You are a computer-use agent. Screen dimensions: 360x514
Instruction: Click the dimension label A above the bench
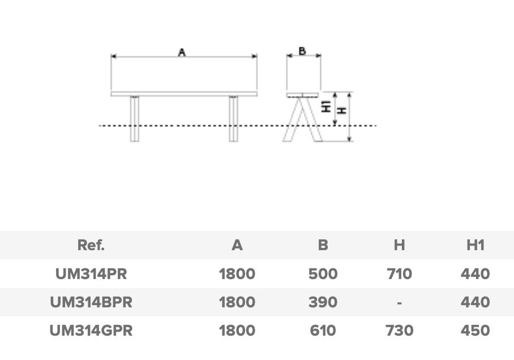pyautogui.click(x=182, y=52)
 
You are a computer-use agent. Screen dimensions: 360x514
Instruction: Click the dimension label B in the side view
pyautogui.click(x=302, y=51)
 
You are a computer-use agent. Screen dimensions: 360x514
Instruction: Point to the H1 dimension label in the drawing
pyautogui.click(x=326, y=106)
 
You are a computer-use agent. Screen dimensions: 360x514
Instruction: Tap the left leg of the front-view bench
pyautogui.click(x=134, y=118)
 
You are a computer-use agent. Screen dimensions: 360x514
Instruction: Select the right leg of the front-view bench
pyautogui.click(x=233, y=118)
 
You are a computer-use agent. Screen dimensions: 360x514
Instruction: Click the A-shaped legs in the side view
pyautogui.click(x=302, y=120)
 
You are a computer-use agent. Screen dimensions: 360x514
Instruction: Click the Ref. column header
pyautogui.click(x=91, y=245)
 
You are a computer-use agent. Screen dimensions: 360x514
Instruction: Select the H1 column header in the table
pyautogui.click(x=476, y=245)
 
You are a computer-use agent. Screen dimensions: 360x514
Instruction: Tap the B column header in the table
pyautogui.click(x=323, y=245)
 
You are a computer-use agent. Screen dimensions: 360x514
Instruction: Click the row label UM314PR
pyautogui.click(x=91, y=274)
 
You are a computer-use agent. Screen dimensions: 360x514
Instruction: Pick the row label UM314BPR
pyautogui.click(x=91, y=302)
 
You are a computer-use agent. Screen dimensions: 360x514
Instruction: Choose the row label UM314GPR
pyautogui.click(x=91, y=331)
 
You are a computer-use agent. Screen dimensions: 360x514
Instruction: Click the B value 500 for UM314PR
pyautogui.click(x=323, y=274)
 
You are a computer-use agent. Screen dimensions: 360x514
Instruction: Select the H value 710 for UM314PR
pyautogui.click(x=399, y=274)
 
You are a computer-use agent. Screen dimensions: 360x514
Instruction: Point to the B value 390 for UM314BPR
pyautogui.click(x=323, y=302)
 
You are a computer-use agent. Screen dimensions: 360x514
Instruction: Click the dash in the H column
pyautogui.click(x=399, y=303)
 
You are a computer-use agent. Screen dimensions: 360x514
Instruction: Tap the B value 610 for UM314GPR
pyautogui.click(x=323, y=331)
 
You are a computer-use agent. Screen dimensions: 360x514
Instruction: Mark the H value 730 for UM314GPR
pyautogui.click(x=399, y=331)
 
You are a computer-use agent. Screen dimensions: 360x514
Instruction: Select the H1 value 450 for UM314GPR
pyautogui.click(x=476, y=331)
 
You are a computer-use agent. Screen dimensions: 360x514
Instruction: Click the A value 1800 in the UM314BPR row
pyautogui.click(x=237, y=302)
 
